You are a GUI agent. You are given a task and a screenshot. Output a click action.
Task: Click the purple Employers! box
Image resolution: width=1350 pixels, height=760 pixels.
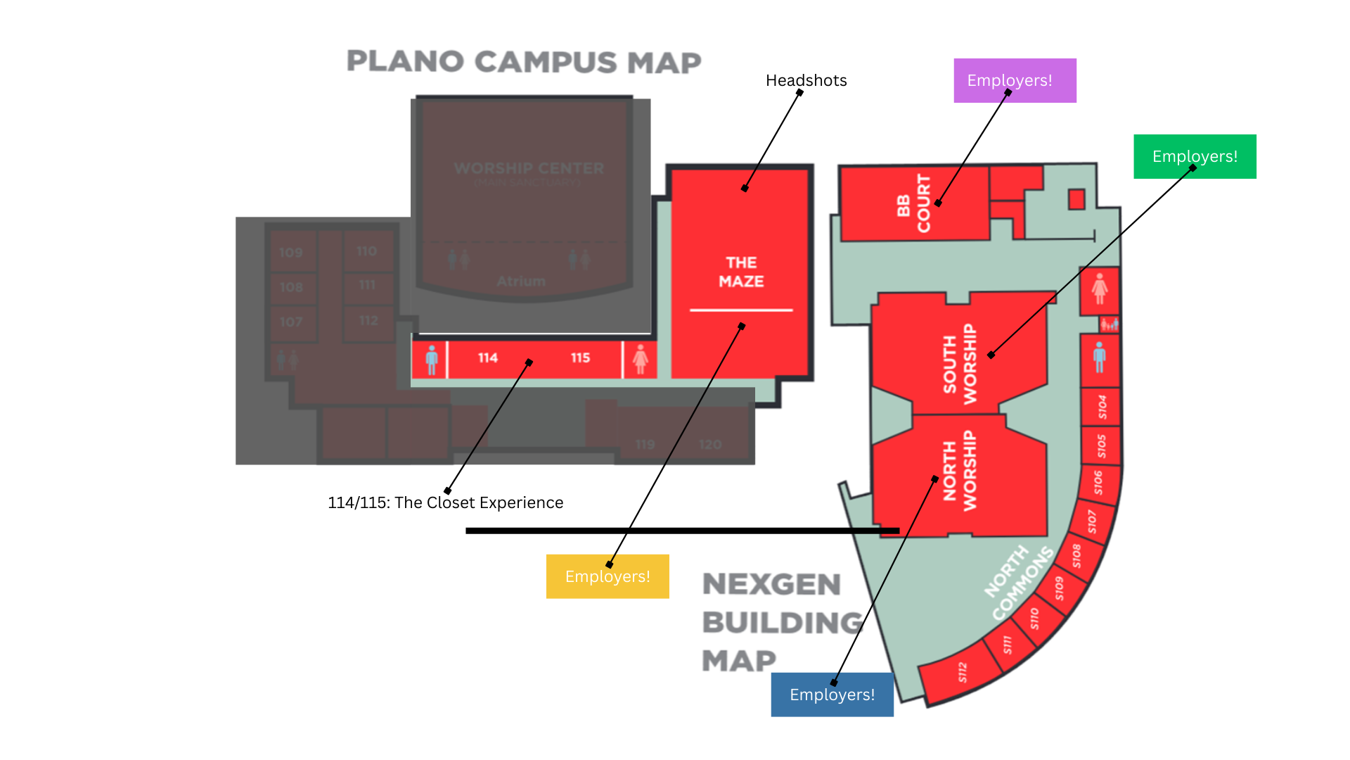point(1014,80)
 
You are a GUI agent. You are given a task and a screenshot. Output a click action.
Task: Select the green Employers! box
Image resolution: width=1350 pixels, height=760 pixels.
point(1194,156)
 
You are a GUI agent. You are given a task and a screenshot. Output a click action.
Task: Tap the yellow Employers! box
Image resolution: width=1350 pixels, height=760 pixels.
point(607,576)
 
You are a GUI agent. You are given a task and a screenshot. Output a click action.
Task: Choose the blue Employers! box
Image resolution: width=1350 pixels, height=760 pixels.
point(832,695)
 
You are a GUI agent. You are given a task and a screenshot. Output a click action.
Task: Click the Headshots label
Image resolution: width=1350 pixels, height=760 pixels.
point(806,80)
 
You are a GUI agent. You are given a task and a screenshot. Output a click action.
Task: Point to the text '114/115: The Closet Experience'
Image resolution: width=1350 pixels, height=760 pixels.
point(445,502)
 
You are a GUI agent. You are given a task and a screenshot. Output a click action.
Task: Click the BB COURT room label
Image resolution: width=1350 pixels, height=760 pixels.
point(913,204)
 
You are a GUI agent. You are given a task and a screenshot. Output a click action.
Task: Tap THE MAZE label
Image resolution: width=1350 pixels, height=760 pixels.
point(741,272)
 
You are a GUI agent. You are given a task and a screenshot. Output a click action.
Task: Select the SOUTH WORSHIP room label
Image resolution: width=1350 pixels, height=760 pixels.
point(960,364)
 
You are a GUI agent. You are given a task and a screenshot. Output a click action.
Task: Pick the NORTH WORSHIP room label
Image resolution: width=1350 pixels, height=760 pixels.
point(960,471)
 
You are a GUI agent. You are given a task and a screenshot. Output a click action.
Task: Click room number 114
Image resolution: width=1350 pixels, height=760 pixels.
point(487,358)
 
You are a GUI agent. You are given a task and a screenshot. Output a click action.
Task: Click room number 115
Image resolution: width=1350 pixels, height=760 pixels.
point(580,358)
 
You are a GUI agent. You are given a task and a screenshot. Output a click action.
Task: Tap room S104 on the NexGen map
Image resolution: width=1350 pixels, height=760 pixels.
point(1102,407)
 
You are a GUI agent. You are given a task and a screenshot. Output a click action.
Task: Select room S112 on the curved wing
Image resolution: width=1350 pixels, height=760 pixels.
point(962,673)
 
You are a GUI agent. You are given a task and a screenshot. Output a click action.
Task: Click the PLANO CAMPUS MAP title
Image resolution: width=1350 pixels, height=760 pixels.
point(524,62)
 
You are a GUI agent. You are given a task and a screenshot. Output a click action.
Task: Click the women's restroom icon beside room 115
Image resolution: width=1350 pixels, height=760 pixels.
point(640,359)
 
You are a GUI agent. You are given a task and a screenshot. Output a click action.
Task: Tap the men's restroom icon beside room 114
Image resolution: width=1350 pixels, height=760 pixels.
point(432,359)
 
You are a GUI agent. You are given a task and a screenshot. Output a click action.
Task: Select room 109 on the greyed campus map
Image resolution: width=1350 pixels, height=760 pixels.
point(290,253)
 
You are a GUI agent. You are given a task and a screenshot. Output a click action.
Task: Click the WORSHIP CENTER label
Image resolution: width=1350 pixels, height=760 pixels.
point(529,169)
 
